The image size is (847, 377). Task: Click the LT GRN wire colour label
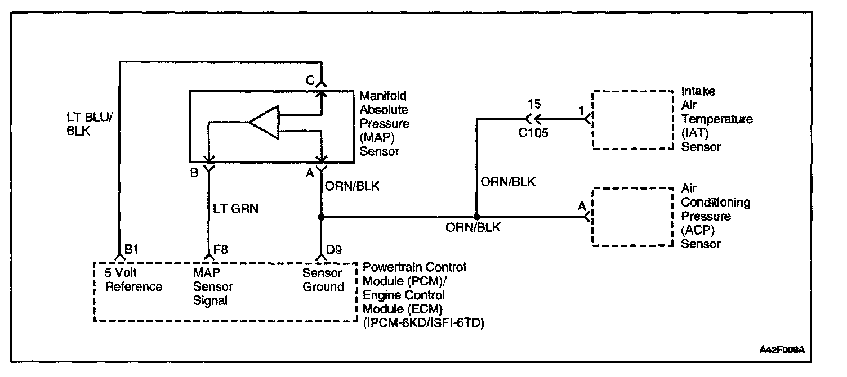[x=235, y=209]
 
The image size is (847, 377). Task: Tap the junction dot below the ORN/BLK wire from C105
[x=476, y=217]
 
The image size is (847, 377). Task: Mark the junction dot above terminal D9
[x=321, y=217]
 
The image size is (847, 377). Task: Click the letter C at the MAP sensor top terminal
[x=310, y=80]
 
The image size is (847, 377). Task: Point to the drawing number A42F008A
[x=782, y=349]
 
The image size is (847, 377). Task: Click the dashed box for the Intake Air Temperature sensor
[x=632, y=119]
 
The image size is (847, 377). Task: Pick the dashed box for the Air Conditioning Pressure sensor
[x=632, y=217]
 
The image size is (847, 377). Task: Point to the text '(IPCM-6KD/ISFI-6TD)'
[x=423, y=322]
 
